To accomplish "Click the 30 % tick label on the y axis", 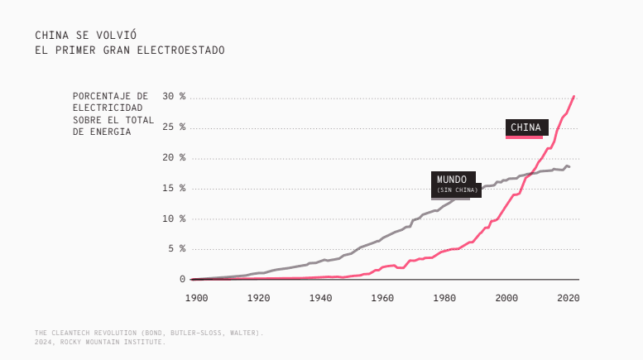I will pyautogui.click(x=174, y=97).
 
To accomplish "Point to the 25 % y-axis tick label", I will pyautogui.click(x=174, y=127).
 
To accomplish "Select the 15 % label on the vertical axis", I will pyautogui.click(x=174, y=189).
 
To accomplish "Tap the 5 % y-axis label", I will pyautogui.click(x=177, y=249).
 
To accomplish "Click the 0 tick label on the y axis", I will pyautogui.click(x=182, y=280).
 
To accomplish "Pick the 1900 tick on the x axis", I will pyautogui.click(x=196, y=297).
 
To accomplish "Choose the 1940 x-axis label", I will pyautogui.click(x=320, y=297).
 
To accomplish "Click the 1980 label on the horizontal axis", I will pyautogui.click(x=444, y=297).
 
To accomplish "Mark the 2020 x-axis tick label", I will pyautogui.click(x=568, y=297).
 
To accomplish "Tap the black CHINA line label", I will pyautogui.click(x=526, y=127).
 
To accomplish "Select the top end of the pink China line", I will pyautogui.click(x=573, y=97).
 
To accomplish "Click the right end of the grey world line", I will pyautogui.click(x=569, y=167).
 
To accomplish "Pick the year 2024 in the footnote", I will pyautogui.click(x=43, y=342).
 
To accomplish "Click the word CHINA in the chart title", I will pyautogui.click(x=50, y=36).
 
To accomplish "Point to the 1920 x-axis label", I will pyautogui.click(x=258, y=297).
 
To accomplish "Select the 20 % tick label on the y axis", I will pyautogui.click(x=174, y=158).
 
